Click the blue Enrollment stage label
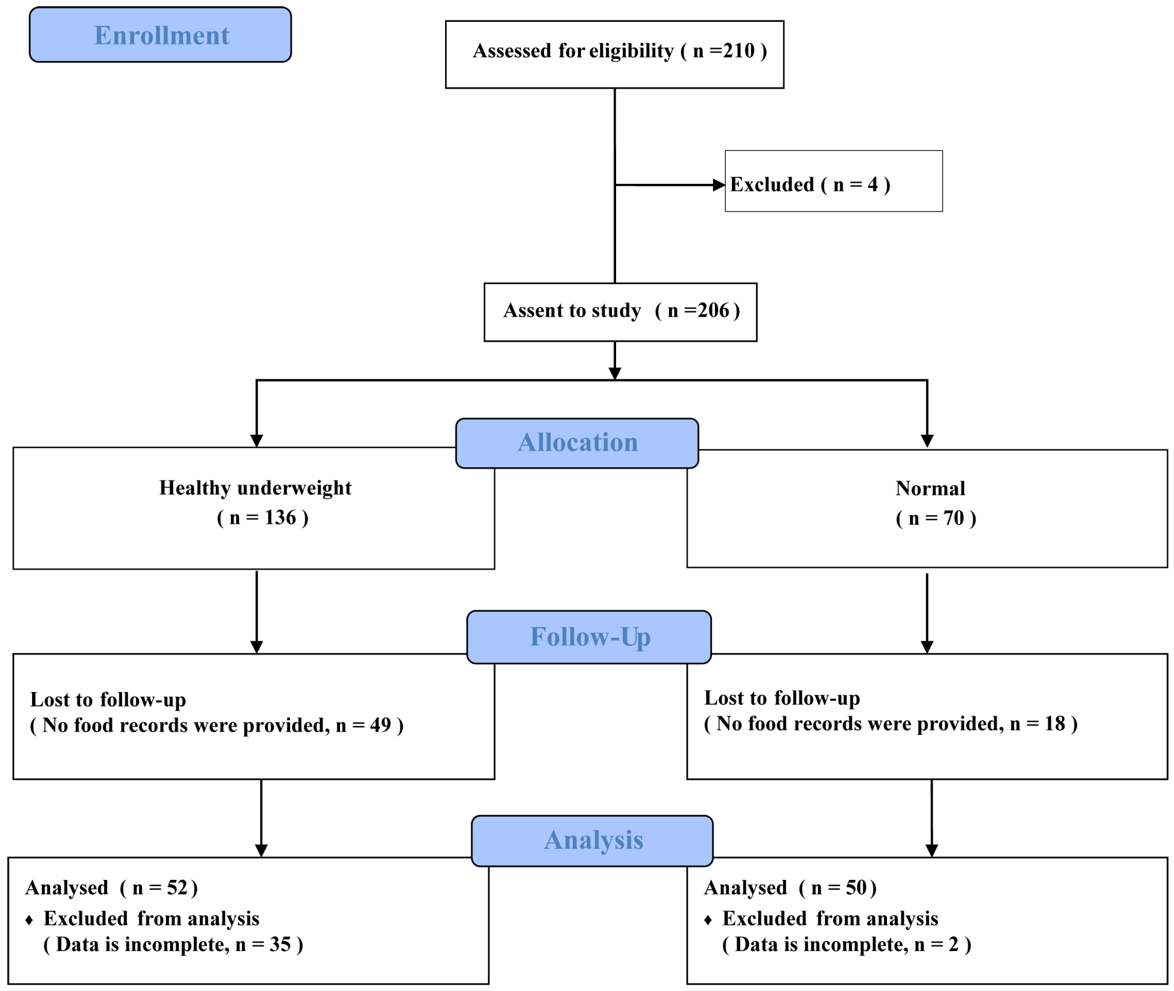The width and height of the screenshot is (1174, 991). (161, 35)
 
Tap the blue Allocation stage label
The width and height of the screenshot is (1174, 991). (577, 443)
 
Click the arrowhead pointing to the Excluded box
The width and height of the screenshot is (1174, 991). (719, 185)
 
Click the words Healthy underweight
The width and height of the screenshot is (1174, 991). (255, 488)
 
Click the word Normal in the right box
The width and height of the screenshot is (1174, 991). (930, 488)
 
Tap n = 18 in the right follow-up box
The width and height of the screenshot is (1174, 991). (1037, 723)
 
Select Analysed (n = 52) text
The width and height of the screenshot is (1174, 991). (111, 888)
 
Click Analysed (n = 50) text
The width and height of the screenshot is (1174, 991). (790, 888)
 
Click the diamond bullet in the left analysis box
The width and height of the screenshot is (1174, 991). (29, 920)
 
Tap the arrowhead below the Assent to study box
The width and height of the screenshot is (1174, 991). (615, 374)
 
